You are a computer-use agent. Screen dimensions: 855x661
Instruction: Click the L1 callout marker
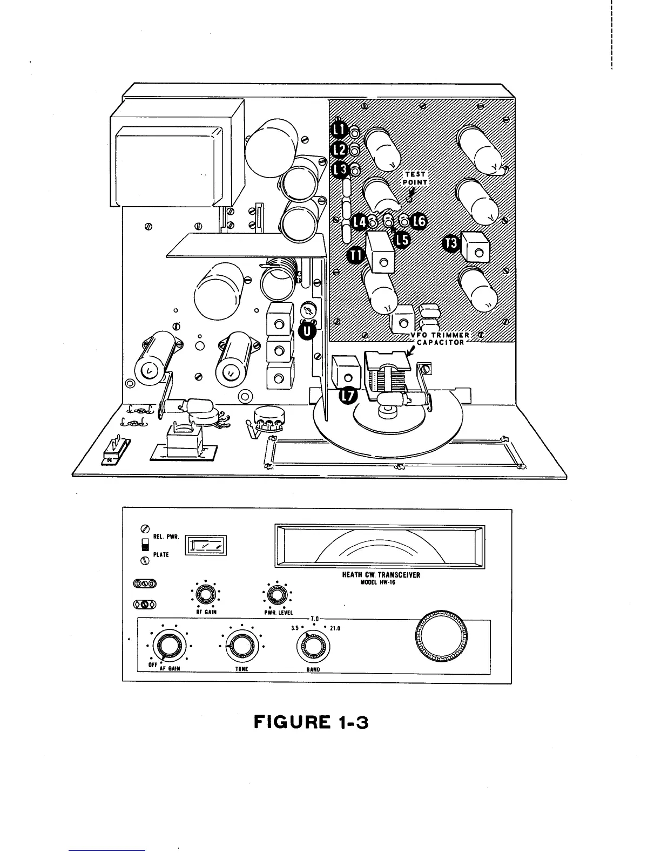pos(340,130)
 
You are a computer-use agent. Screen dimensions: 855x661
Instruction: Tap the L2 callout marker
pos(340,149)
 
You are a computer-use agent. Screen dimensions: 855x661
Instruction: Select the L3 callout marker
pos(340,169)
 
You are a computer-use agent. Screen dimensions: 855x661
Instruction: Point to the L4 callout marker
pos(359,221)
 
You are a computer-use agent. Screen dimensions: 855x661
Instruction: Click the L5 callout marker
pos(402,238)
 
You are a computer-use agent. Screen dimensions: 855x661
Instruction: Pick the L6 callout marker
pos(419,221)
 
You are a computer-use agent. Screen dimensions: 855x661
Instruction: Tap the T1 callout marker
pos(355,254)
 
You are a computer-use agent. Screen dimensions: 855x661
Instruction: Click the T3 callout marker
pos(451,243)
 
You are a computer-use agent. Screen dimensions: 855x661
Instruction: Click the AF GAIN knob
pos(168,646)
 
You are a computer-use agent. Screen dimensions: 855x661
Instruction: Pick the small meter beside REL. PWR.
pos(206,545)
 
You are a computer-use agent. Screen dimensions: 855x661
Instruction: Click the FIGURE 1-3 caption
pos(311,722)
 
